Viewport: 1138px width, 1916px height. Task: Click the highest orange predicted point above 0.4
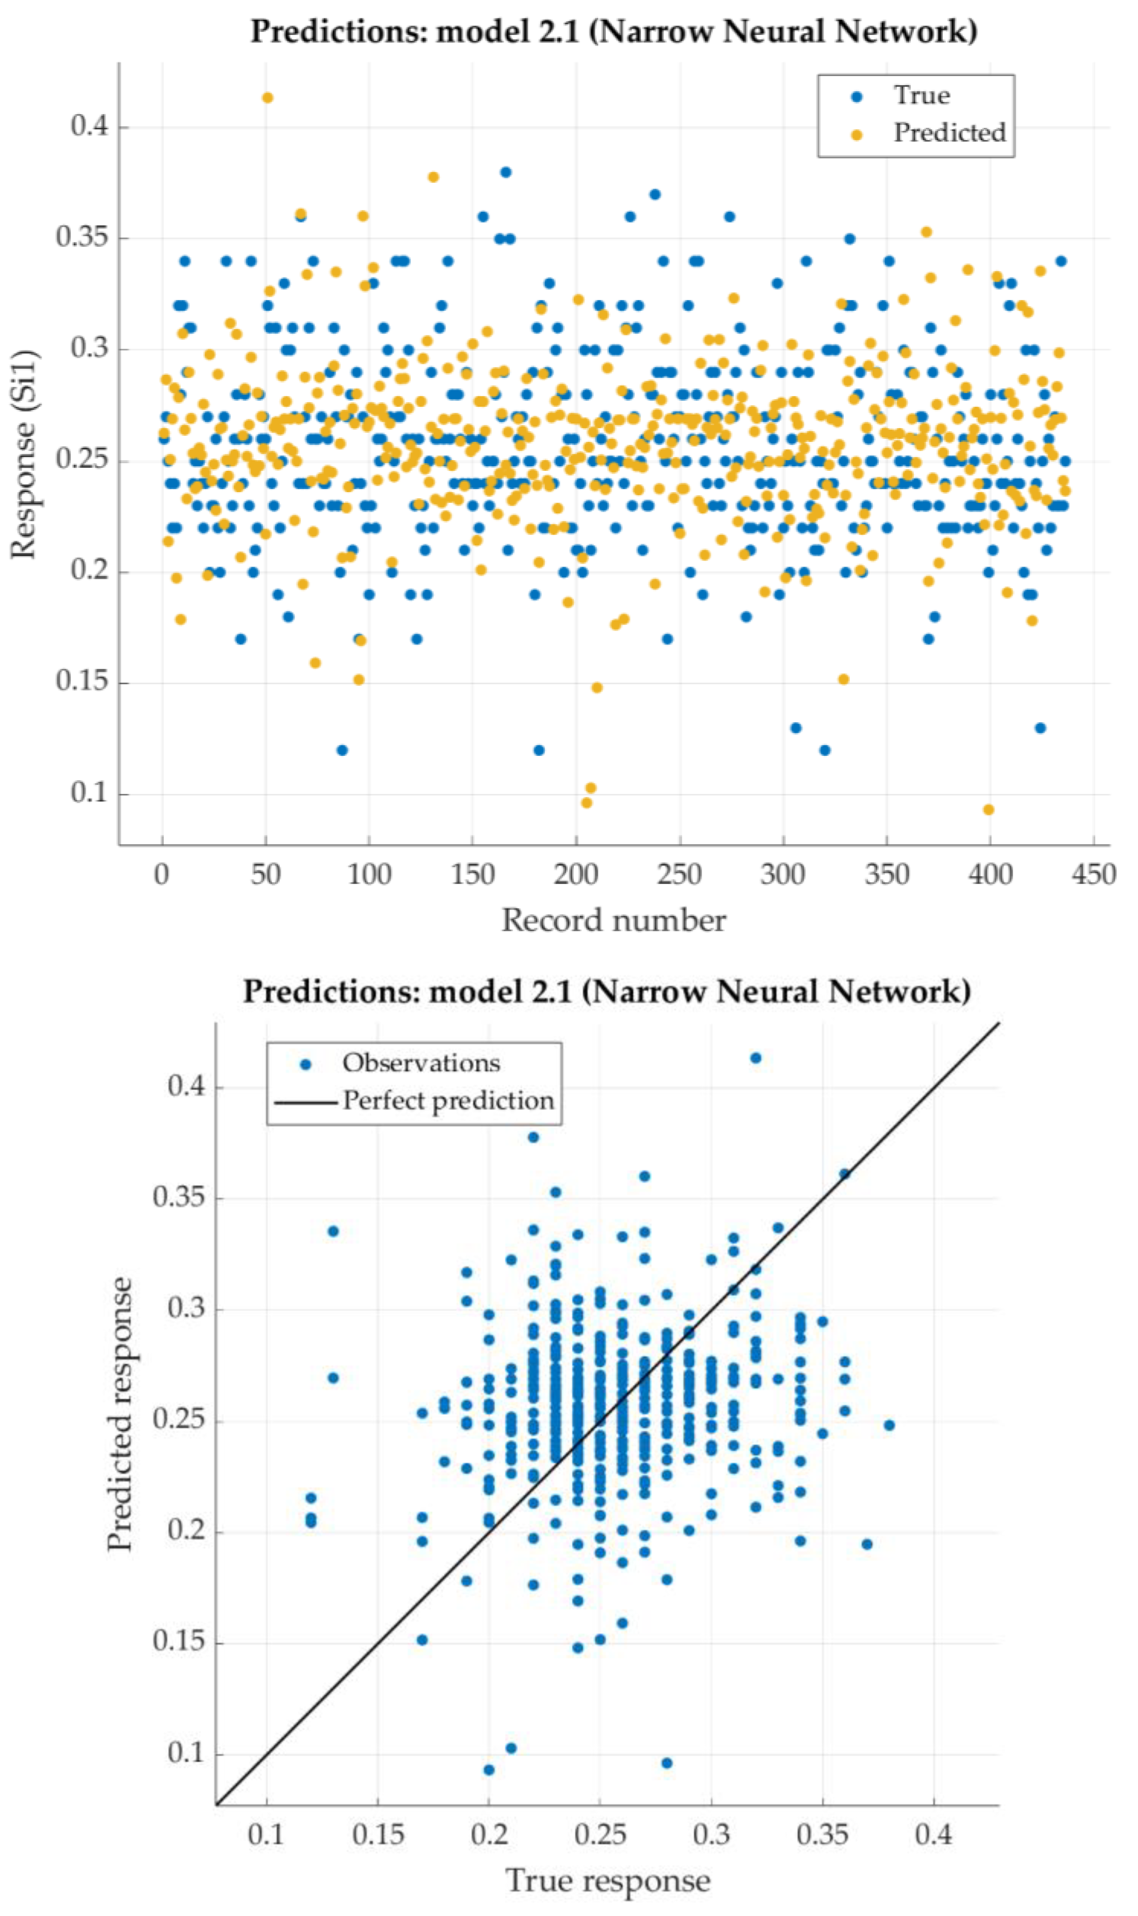click(x=267, y=97)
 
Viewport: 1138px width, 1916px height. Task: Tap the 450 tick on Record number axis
click(x=1093, y=874)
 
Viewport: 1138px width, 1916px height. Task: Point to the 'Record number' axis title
click(x=613, y=920)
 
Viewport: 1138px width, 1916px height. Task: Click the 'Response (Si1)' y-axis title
click(x=24, y=454)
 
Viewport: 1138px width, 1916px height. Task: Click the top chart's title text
click(x=613, y=32)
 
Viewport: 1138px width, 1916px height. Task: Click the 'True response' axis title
click(x=607, y=1880)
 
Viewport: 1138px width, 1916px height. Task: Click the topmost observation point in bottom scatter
click(x=755, y=1058)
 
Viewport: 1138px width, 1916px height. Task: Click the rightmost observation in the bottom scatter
click(x=889, y=1425)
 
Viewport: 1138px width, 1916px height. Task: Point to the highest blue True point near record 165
click(x=505, y=172)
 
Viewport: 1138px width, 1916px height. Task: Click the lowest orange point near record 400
click(x=988, y=810)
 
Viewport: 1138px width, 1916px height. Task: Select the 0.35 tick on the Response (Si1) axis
click(x=83, y=238)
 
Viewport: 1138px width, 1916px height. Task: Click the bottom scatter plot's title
click(x=607, y=991)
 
